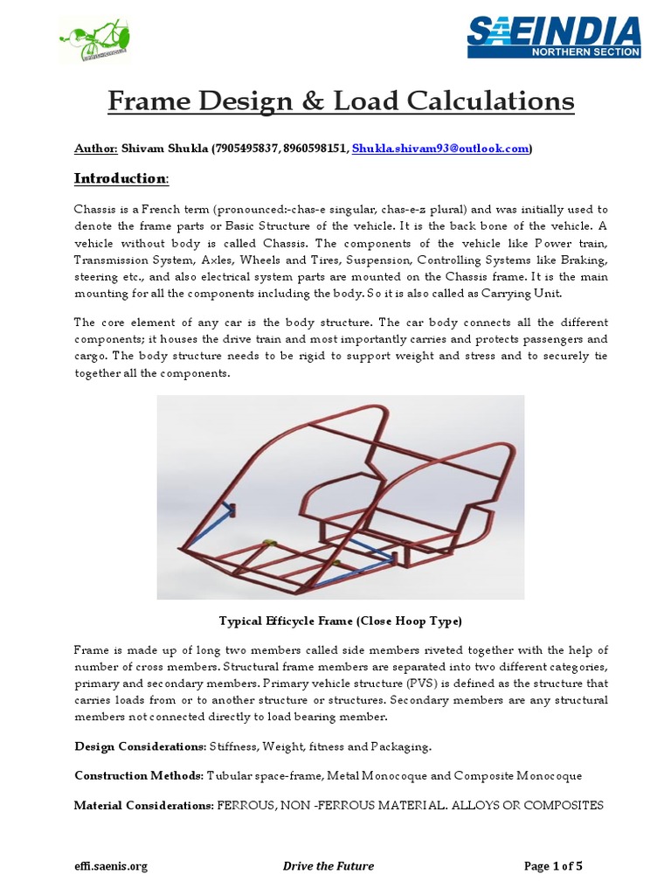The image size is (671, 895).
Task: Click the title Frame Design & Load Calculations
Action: [341, 101]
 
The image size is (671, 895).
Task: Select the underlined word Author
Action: [95, 149]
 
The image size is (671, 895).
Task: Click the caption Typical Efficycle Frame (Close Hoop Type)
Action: [339, 621]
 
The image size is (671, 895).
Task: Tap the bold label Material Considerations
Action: [143, 805]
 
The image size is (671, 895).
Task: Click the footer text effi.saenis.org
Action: [111, 866]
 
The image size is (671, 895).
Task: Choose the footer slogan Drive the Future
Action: [329, 866]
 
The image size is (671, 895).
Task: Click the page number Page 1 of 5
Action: [553, 866]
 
